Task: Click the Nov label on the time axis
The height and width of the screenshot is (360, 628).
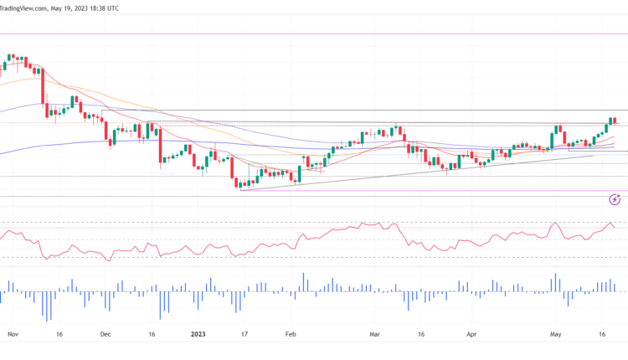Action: [x=12, y=332]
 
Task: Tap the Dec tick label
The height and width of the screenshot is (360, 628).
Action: [x=106, y=332]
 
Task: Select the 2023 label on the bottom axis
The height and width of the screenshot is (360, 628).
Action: [x=198, y=332]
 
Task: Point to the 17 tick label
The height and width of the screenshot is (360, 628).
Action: [x=245, y=332]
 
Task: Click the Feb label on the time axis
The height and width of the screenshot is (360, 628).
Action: [x=291, y=332]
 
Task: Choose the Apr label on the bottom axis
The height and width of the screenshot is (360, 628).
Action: [x=471, y=332]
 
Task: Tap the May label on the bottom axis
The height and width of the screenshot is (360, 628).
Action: [x=555, y=332]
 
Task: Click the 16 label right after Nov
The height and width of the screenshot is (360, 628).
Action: [x=59, y=332]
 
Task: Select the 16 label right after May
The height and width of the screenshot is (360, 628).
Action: [x=603, y=332]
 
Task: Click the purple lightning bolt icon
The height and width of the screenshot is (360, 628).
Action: [x=615, y=199]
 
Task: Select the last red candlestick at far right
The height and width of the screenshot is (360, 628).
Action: [x=615, y=121]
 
